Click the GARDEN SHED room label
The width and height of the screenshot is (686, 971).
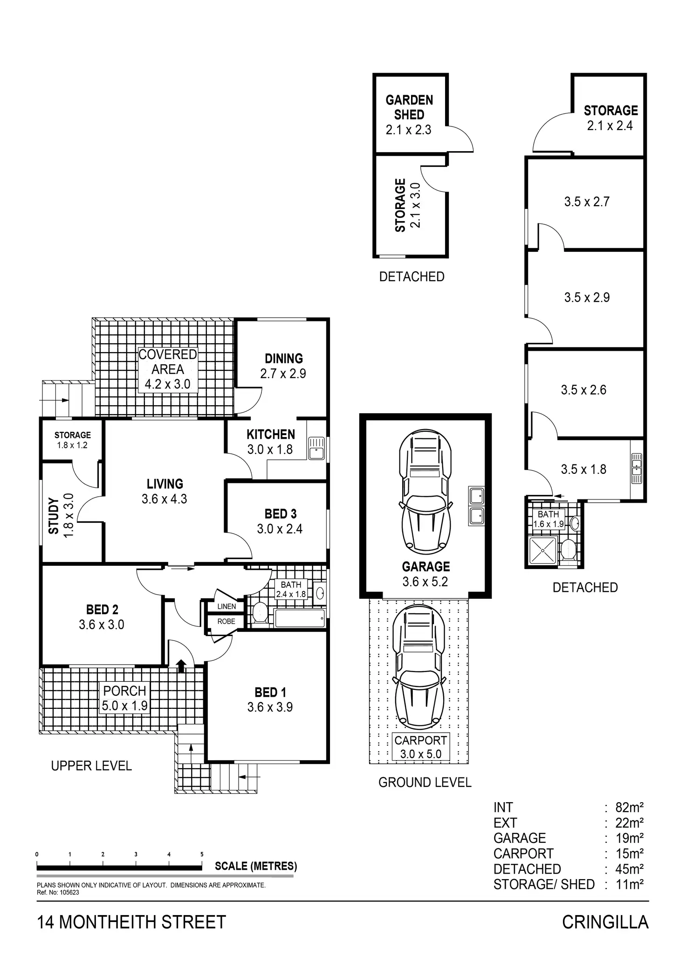(x=409, y=107)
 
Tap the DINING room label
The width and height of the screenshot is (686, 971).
(x=284, y=359)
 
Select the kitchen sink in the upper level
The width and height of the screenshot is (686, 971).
(x=317, y=448)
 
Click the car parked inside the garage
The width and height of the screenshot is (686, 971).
(x=425, y=490)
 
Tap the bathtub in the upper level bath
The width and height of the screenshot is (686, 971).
(x=300, y=618)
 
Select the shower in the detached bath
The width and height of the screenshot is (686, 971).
(x=543, y=550)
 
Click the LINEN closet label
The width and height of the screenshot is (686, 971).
(x=226, y=606)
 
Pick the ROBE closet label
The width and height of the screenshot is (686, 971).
(x=226, y=621)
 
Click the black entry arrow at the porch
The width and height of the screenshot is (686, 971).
(x=181, y=666)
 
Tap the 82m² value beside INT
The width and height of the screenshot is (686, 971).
(x=629, y=807)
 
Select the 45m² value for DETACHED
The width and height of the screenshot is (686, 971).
(x=629, y=869)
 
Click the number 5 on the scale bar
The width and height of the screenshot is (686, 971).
(x=202, y=854)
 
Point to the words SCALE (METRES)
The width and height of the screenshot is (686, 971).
(x=256, y=866)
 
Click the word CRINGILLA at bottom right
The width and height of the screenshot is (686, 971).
(x=605, y=922)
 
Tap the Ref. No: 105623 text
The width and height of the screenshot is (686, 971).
(x=58, y=893)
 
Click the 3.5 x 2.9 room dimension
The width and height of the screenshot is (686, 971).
(x=587, y=298)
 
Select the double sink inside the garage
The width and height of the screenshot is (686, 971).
(x=477, y=506)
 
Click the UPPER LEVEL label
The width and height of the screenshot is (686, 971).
(x=91, y=766)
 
